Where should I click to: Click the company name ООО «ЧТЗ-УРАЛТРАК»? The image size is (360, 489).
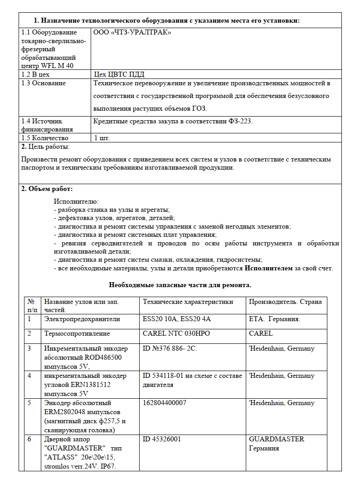click(x=132, y=33)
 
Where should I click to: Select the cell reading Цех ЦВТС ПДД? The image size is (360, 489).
click(x=119, y=74)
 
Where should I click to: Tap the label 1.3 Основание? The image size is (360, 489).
click(x=44, y=83)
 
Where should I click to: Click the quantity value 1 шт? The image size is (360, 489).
click(x=102, y=138)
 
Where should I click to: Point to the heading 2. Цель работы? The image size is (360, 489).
click(x=46, y=147)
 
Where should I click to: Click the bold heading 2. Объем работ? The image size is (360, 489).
click(x=47, y=189)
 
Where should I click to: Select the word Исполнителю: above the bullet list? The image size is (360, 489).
click(x=76, y=201)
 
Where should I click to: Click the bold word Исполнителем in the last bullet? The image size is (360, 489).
click(x=269, y=268)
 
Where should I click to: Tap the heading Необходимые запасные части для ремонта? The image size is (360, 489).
click(x=180, y=285)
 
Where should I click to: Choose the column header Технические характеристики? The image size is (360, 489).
click(x=188, y=302)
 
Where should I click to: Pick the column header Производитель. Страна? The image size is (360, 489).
click(x=285, y=302)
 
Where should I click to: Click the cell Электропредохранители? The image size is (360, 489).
click(x=82, y=319)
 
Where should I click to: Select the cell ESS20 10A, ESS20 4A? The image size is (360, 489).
click(x=177, y=319)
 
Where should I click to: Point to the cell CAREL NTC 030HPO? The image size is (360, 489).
click(x=176, y=333)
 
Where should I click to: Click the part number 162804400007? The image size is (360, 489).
click(x=165, y=403)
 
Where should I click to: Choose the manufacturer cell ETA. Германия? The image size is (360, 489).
click(x=274, y=319)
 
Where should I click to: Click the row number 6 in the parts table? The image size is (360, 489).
click(x=29, y=439)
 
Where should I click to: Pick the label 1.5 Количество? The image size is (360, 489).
click(x=45, y=138)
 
